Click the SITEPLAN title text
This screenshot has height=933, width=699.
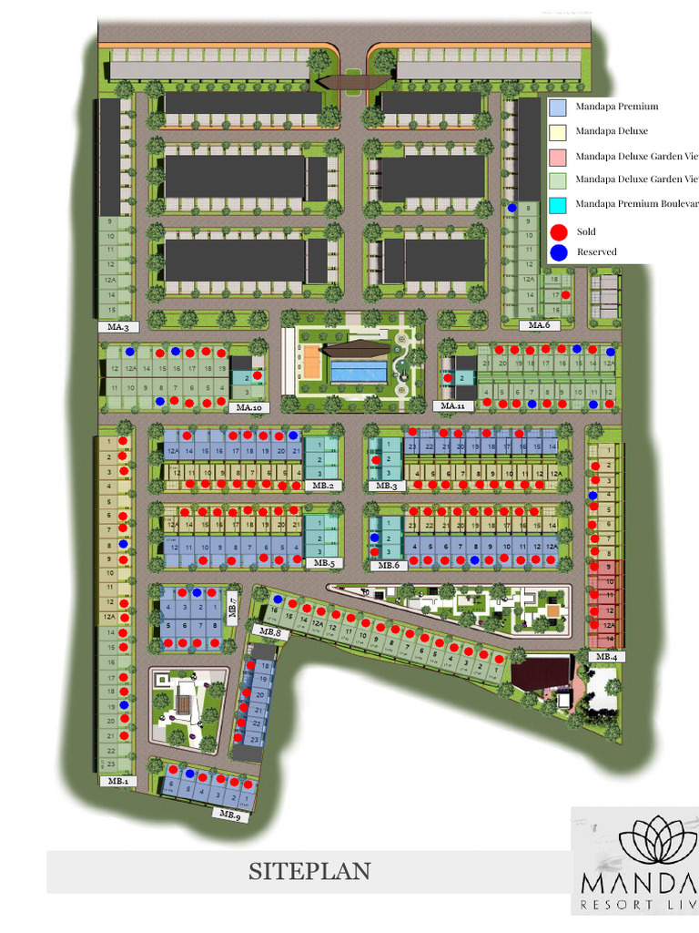tap(309, 872)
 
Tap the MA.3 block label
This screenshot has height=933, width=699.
tap(118, 326)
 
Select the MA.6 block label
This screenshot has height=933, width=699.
tap(540, 325)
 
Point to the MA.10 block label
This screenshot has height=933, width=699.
tap(248, 407)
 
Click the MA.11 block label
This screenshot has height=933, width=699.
tap(452, 405)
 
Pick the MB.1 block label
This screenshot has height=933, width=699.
tap(117, 781)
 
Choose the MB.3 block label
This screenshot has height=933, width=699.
tap(387, 486)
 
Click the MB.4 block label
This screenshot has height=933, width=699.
tap(603, 656)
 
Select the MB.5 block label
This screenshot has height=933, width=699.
tap(324, 564)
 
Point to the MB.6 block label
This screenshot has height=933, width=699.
tap(389, 565)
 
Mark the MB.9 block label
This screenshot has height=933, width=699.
tap(229, 816)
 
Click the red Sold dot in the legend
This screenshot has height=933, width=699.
tap(559, 232)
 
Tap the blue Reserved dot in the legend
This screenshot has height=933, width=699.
tap(559, 252)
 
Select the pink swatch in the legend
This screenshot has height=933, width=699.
tap(558, 156)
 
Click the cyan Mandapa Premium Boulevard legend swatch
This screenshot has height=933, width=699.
tap(558, 205)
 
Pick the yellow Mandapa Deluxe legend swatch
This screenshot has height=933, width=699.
tap(558, 132)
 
